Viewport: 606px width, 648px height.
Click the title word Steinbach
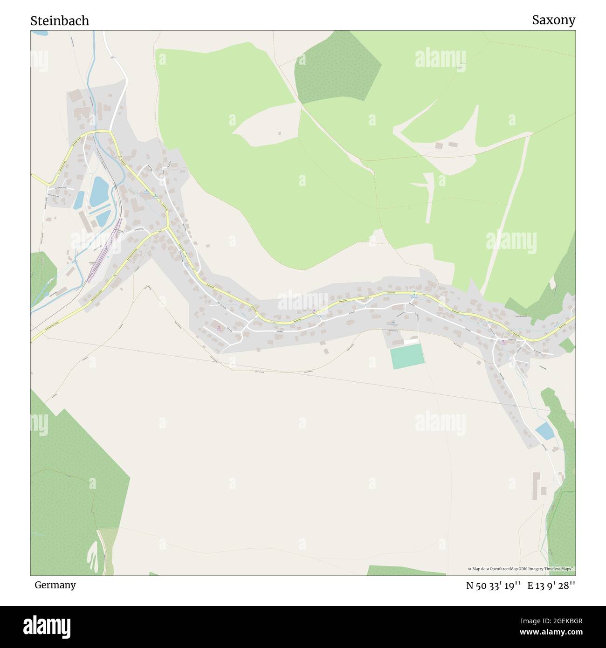click(60, 21)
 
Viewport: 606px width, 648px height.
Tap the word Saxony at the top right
click(553, 20)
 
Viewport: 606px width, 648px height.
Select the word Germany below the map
click(55, 585)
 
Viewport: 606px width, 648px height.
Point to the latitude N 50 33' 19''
click(493, 586)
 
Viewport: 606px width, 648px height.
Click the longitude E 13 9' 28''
click(551, 586)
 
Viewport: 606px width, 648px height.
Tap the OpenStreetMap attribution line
click(521, 569)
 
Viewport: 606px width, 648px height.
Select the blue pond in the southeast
click(544, 431)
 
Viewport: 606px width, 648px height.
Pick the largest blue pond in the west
click(99, 191)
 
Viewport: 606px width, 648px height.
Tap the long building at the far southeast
click(536, 485)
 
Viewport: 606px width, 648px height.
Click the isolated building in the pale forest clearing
click(279, 133)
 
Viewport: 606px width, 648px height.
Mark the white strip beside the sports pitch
click(411, 342)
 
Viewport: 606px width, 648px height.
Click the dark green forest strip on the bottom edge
click(406, 570)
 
